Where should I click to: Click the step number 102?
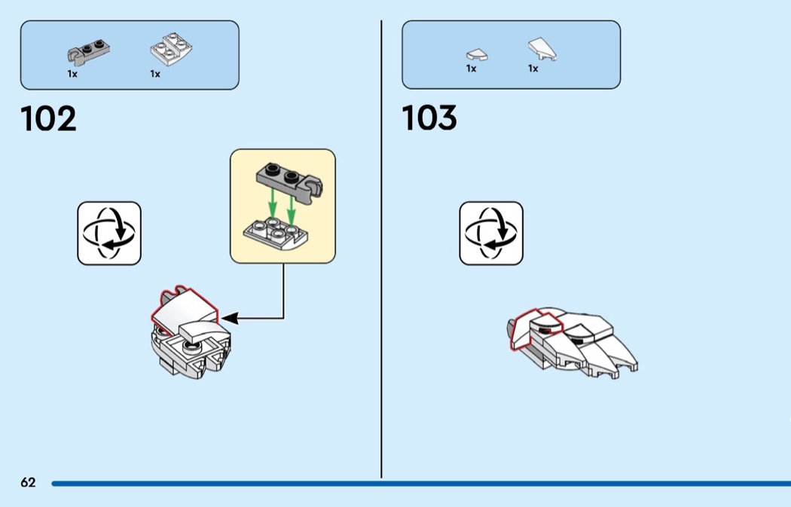tap(49, 119)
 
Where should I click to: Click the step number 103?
tap(429, 119)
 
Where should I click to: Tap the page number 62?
tap(28, 483)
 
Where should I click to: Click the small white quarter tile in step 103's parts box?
tap(477, 54)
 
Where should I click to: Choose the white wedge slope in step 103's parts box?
tap(542, 50)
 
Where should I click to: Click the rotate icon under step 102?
tap(109, 233)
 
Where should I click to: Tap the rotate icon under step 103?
tap(491, 233)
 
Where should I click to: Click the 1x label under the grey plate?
tap(72, 74)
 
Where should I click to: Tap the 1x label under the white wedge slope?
tap(533, 69)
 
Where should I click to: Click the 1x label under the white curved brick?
tap(155, 74)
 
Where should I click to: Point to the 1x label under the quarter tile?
tap(471, 69)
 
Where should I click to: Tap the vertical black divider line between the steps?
tap(381, 249)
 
